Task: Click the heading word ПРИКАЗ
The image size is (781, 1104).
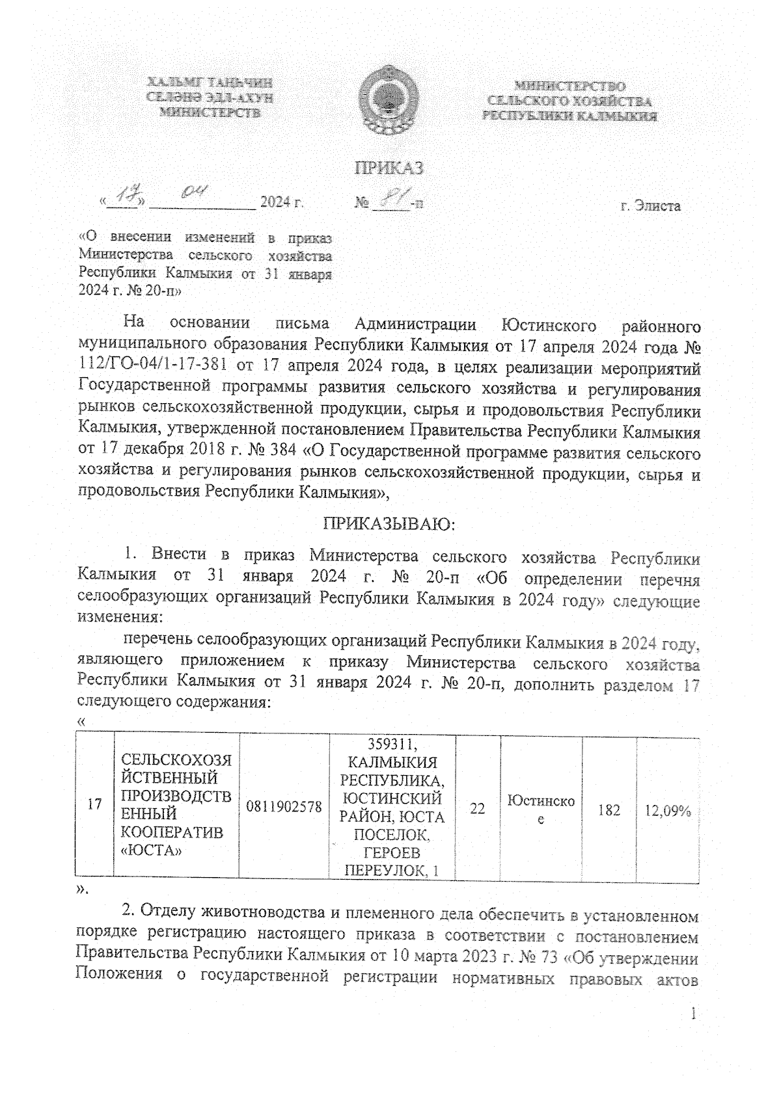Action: (x=389, y=168)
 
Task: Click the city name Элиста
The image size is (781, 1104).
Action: (x=650, y=207)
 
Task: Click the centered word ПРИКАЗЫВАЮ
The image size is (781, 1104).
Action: (x=389, y=524)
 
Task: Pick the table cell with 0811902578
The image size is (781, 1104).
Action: (x=284, y=807)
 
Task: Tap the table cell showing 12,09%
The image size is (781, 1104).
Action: (x=667, y=810)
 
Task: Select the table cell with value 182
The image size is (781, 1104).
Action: (x=609, y=809)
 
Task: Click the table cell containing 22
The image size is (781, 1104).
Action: (x=478, y=809)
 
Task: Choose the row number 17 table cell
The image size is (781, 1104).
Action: (x=95, y=804)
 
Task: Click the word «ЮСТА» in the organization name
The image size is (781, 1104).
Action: (x=151, y=850)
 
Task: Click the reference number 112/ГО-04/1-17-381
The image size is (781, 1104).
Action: (x=165, y=369)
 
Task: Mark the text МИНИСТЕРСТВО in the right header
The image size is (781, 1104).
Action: (x=570, y=86)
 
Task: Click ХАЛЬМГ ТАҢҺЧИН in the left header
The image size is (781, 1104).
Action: (x=210, y=83)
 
